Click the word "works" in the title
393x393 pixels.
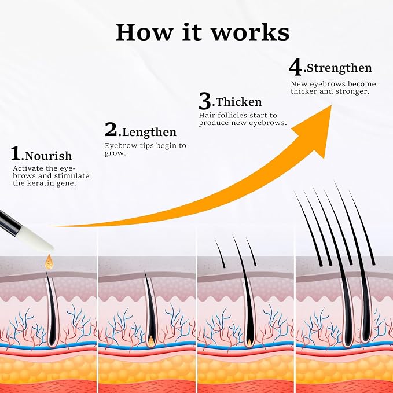point(251,32)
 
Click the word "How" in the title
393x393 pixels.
point(144,32)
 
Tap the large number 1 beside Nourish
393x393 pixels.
point(16,153)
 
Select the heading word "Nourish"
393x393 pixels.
point(49,156)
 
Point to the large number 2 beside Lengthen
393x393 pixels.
point(111,129)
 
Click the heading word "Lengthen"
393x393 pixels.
point(149,133)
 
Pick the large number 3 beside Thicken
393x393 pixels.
point(205,101)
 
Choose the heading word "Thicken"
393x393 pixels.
point(238,102)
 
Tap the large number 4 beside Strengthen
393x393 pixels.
point(295,67)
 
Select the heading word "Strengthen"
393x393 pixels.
point(339,68)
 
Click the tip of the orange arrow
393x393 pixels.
point(331,106)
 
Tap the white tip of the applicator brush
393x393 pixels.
point(38,238)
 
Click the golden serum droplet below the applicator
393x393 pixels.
point(49,262)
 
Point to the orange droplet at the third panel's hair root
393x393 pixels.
point(249,341)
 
